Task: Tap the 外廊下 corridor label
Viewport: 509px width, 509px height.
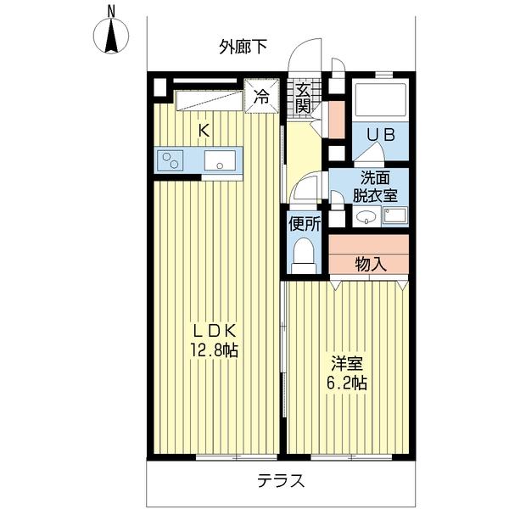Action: click(x=243, y=46)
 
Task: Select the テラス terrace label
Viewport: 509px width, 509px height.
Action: click(x=280, y=481)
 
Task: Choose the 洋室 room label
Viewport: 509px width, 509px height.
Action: click(x=347, y=364)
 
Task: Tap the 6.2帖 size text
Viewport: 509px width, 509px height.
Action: click(x=348, y=383)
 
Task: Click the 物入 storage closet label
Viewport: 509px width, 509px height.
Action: click(x=370, y=263)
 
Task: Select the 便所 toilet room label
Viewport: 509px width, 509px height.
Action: click(x=304, y=225)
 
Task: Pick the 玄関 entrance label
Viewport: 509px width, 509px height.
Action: click(x=303, y=98)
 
